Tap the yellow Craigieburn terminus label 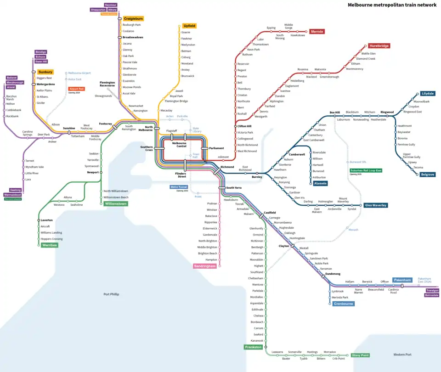click(133, 19)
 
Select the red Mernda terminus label click(317, 32)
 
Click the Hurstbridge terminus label click(379, 46)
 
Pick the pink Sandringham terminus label click(204, 266)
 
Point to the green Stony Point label click(360, 355)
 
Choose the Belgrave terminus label click(427, 175)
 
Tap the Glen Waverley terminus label click(375, 205)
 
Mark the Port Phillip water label click(111, 294)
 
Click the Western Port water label click(402, 355)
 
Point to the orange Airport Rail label click(76, 89)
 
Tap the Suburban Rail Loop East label click(366, 170)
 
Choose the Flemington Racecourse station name click(107, 84)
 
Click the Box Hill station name click(334, 112)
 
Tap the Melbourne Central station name click(179, 145)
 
